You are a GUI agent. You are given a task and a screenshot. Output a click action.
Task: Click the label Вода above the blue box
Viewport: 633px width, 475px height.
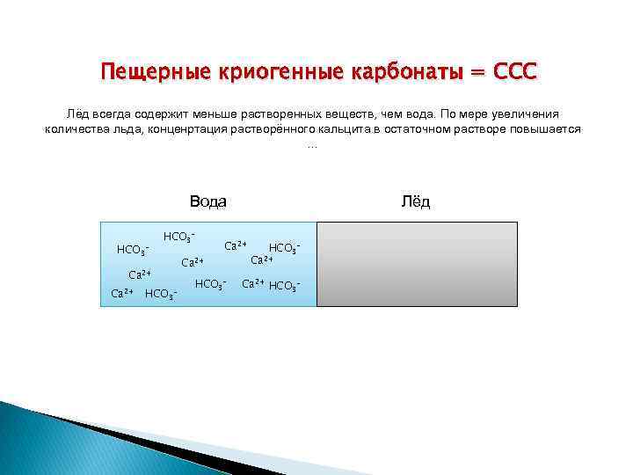pyautogui.click(x=208, y=201)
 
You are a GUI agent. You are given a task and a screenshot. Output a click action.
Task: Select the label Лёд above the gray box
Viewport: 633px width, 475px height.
pyautogui.click(x=416, y=201)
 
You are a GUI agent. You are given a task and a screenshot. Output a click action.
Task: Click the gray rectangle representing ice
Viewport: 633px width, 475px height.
pyautogui.click(x=417, y=264)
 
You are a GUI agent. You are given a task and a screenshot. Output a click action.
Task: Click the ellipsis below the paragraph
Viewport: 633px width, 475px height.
pyautogui.click(x=312, y=144)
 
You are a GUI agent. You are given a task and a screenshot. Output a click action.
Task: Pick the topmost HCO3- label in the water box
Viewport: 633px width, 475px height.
pyautogui.click(x=178, y=237)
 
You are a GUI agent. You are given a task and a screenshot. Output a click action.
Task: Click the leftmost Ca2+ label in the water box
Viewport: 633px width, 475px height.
pyautogui.click(x=121, y=292)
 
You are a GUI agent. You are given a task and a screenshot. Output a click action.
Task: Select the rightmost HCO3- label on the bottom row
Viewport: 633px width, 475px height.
pyautogui.click(x=285, y=285)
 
